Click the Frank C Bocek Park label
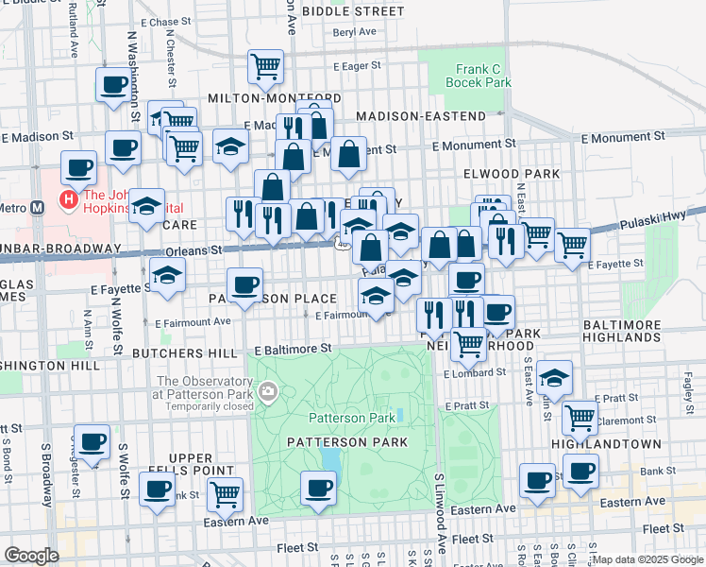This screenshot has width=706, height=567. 483,76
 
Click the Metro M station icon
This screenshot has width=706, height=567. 39,208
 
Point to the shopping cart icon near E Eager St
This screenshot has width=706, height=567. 266,66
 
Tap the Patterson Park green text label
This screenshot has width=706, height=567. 352,418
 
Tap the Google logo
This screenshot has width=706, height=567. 31,556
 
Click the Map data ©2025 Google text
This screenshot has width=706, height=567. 647,559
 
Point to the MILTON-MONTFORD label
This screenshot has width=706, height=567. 274,98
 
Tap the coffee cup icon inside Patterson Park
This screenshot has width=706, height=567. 318,490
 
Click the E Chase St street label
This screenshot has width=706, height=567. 165,22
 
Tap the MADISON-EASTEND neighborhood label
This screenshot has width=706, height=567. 421,116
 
